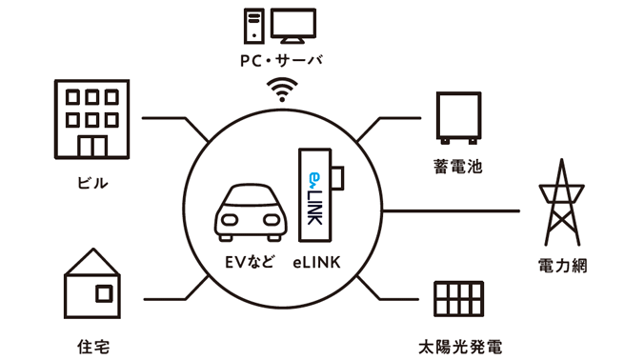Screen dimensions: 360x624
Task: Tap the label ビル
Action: [x=91, y=182]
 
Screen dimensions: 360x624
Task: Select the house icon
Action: [x=92, y=283]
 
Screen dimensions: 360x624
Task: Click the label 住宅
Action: [x=92, y=345]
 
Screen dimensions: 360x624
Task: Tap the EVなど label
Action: [x=248, y=259]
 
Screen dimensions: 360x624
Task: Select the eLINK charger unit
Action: [x=317, y=196]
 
